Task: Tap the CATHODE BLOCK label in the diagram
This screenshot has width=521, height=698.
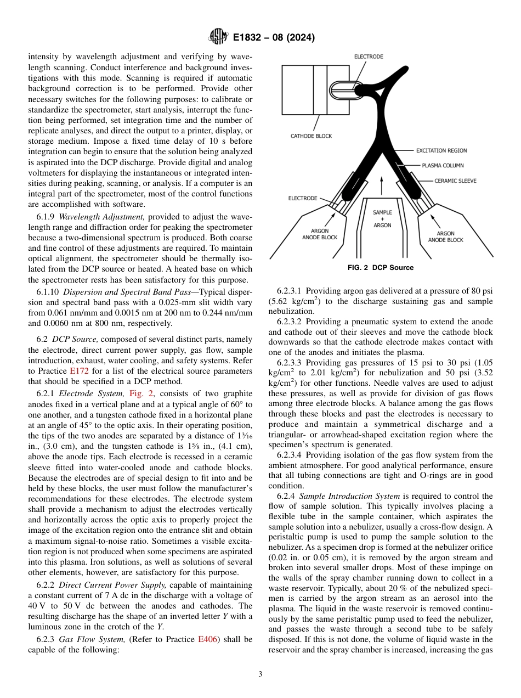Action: (x=311, y=136)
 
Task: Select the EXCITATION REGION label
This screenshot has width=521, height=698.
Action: (x=441, y=150)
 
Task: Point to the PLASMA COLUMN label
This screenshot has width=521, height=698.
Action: (x=443, y=165)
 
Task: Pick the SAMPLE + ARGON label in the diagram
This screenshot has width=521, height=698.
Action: (x=382, y=218)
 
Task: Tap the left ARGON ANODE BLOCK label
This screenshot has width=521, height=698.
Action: (x=320, y=234)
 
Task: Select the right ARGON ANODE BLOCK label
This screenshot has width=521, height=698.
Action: (x=445, y=237)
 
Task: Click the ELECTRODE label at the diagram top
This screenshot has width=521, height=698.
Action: (x=369, y=57)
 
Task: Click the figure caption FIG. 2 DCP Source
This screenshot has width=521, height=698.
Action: (x=380, y=268)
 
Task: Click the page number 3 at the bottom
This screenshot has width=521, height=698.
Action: (x=260, y=674)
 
